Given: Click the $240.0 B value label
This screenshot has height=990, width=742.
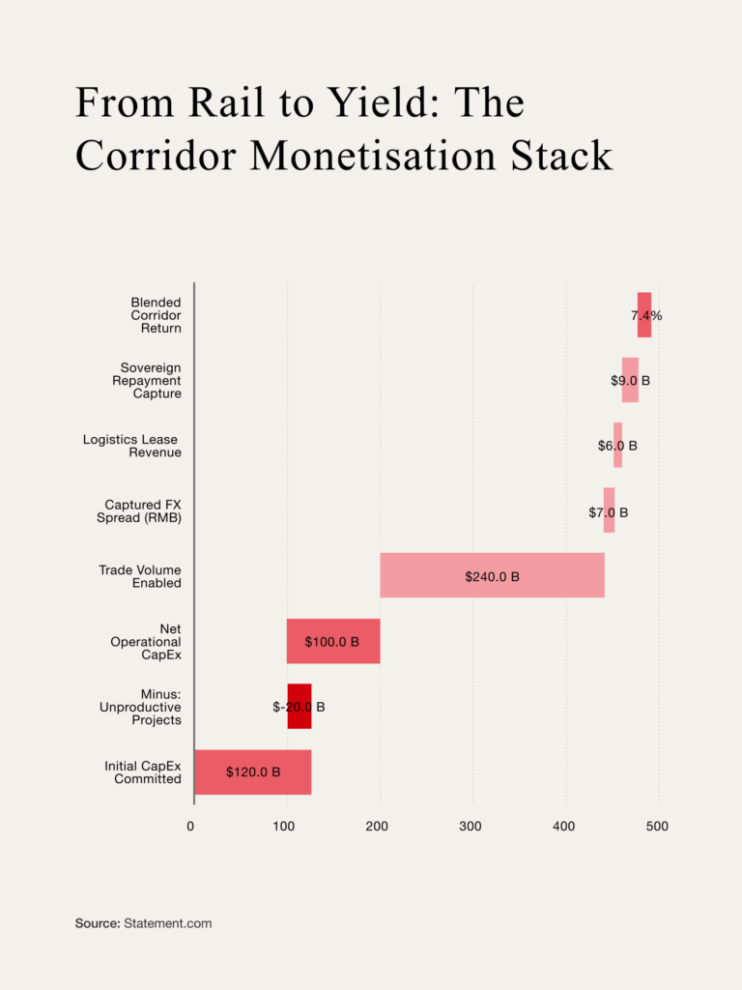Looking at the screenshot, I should tap(492, 576).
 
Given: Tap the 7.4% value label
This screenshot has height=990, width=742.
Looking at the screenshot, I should tap(646, 315).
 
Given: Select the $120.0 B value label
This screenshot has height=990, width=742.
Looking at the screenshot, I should tap(253, 772).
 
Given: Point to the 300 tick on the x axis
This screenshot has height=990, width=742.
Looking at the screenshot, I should tap(471, 827).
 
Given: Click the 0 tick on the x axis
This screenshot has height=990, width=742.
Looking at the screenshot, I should tap(190, 827).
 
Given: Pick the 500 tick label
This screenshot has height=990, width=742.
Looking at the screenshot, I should tap(657, 827).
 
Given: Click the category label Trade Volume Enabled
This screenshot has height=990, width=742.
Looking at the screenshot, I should tap(140, 576).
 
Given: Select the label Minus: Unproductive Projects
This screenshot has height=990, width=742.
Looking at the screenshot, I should tap(140, 707).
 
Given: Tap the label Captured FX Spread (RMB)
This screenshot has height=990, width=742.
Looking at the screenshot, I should tap(143, 510).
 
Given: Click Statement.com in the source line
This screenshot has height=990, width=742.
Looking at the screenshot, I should tap(167, 923).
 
